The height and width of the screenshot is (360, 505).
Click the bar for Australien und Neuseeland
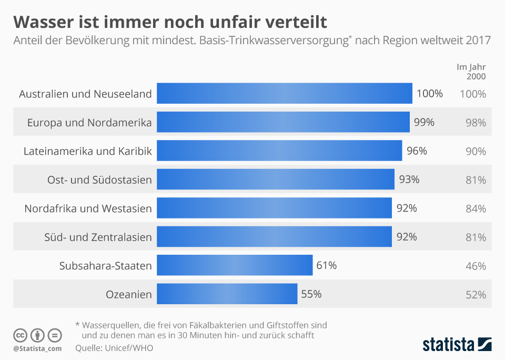[284, 94]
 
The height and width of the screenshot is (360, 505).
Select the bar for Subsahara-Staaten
[235, 265]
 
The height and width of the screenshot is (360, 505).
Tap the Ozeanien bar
[227, 294]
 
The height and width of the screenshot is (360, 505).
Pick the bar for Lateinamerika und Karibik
[279, 151]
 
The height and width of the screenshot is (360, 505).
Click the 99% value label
[424, 123]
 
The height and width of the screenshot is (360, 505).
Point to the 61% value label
[327, 265]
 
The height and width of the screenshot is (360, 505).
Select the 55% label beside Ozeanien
[311, 294]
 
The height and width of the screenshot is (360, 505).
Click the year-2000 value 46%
[476, 266]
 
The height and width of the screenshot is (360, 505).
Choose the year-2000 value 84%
[476, 208]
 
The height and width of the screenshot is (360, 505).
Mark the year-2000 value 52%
[476, 295]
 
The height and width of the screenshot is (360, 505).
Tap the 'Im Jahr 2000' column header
[471, 72]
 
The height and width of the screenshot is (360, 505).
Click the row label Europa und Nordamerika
[89, 123]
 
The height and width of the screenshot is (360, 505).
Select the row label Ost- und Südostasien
[99, 180]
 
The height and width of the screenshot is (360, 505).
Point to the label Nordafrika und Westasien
[88, 208]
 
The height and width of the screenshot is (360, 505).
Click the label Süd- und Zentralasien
[98, 237]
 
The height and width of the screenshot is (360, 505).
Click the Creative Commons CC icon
[21, 335]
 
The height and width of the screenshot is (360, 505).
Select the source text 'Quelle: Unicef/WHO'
[114, 348]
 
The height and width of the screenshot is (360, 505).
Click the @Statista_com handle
[37, 348]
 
